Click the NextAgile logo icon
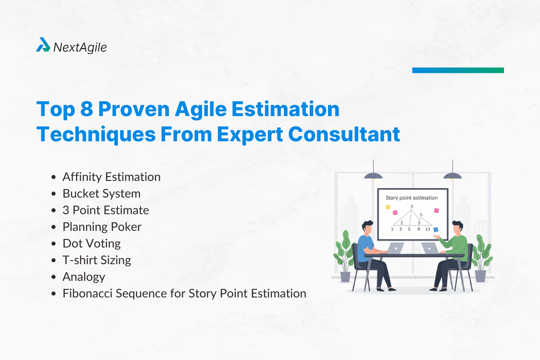click(x=43, y=45)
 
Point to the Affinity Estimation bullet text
click(x=111, y=177)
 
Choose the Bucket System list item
click(x=101, y=193)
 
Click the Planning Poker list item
click(x=102, y=227)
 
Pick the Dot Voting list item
click(x=91, y=243)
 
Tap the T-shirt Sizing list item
click(x=97, y=260)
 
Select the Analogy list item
click(x=84, y=277)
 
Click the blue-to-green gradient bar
click(x=458, y=70)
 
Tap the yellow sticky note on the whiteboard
click(x=388, y=207)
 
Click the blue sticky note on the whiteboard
click(x=436, y=229)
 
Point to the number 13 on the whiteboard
click(x=427, y=229)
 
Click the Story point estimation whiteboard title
click(x=411, y=198)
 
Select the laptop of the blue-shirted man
click(x=395, y=247)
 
